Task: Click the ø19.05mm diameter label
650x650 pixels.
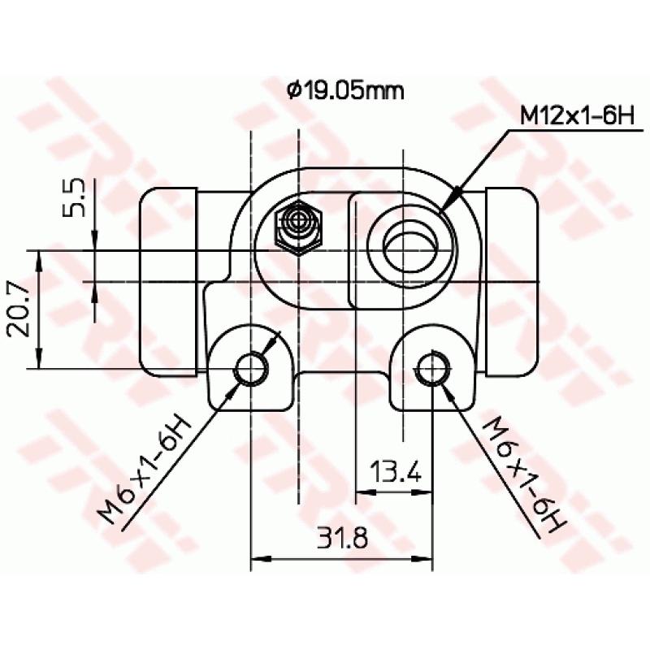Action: [345, 90]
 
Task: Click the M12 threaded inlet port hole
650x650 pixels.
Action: [410, 245]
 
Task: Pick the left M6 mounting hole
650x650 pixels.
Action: [250, 369]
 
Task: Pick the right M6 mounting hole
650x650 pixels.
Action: [432, 369]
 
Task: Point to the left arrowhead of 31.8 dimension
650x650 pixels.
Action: [258, 559]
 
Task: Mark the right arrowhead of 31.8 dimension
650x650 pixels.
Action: [425, 559]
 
